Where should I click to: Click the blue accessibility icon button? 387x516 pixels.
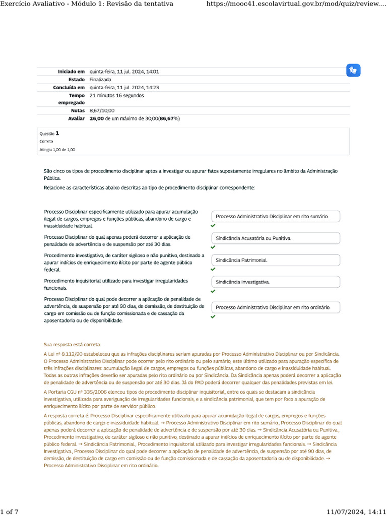click(354, 71)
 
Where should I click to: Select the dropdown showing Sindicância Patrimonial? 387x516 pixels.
click(276, 260)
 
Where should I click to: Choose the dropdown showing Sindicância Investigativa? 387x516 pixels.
click(276, 282)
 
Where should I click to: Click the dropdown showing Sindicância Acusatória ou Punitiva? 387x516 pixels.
click(276, 238)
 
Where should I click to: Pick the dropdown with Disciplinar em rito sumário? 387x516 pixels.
click(276, 216)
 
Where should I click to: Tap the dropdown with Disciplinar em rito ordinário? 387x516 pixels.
click(276, 307)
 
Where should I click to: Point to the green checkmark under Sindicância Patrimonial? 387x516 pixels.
click(213, 269)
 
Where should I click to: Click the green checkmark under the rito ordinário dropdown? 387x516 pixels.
click(213, 317)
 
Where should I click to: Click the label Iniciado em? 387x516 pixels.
click(71, 72)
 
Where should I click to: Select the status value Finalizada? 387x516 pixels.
click(101, 80)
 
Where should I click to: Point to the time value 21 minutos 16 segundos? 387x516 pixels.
click(116, 95)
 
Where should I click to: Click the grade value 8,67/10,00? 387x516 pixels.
click(102, 110)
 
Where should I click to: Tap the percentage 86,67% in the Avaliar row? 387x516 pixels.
click(169, 118)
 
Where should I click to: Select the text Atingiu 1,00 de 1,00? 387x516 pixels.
click(57, 150)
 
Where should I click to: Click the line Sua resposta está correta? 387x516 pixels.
click(73, 345)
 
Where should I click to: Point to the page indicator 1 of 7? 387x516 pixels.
click(10, 512)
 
